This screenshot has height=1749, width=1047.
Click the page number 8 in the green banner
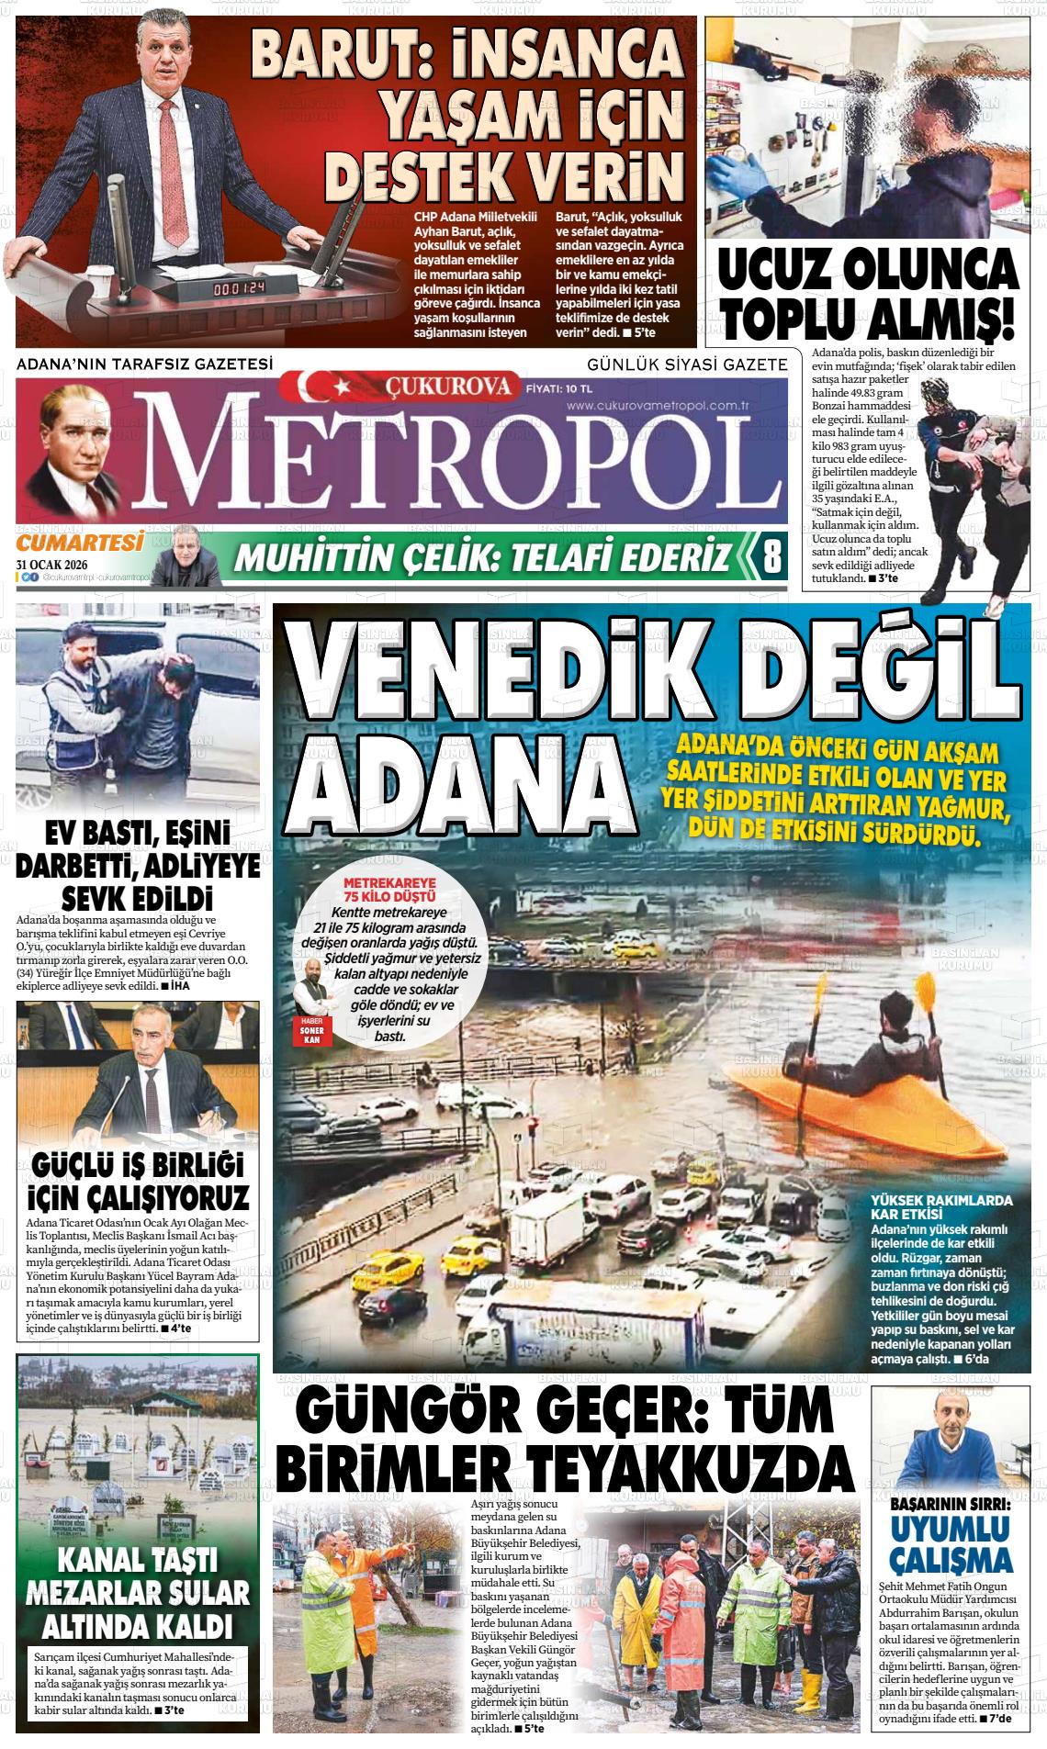[x=771, y=556]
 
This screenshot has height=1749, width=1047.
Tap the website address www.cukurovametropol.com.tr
[x=659, y=405]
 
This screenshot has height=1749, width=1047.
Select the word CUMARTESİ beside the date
[x=81, y=543]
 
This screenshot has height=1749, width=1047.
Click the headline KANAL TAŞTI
[x=137, y=1559]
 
